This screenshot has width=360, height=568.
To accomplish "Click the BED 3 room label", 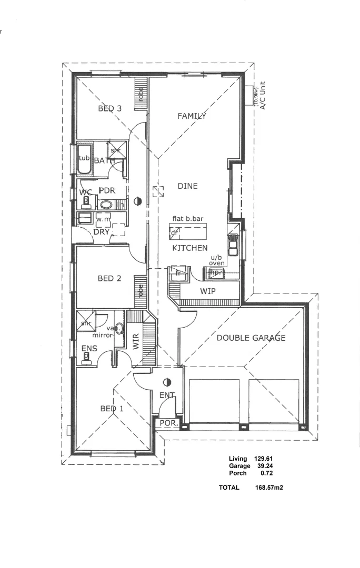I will click(110, 109).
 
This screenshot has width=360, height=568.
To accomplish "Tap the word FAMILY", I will click(191, 116).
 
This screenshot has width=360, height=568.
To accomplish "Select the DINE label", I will click(187, 186).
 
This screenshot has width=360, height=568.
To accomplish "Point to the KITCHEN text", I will click(189, 248).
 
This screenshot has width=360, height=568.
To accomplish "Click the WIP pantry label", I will click(208, 291).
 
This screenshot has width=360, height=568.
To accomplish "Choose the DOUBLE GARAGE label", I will click(251, 338).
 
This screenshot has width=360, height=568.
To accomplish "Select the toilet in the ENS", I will click(86, 357).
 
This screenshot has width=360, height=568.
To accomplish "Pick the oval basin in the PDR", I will click(106, 205).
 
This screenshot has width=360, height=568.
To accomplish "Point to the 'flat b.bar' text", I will click(187, 218).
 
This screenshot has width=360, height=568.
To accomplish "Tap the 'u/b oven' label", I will click(217, 259).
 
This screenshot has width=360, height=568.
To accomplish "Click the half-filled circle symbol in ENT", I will click(167, 382).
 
